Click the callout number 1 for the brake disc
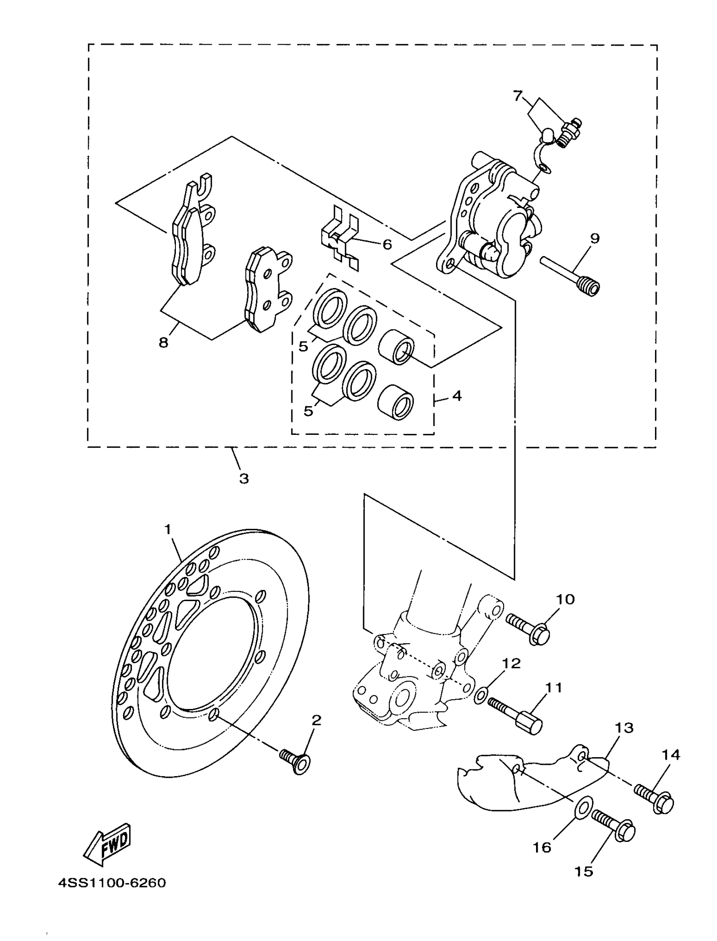click(x=168, y=530)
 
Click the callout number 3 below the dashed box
click(x=244, y=479)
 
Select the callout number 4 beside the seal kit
click(x=457, y=396)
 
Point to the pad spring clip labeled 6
click(x=340, y=239)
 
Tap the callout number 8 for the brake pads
click(x=164, y=342)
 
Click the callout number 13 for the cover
click(x=624, y=728)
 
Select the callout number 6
click(x=387, y=244)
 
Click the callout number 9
click(x=595, y=238)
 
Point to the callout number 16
click(x=542, y=847)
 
